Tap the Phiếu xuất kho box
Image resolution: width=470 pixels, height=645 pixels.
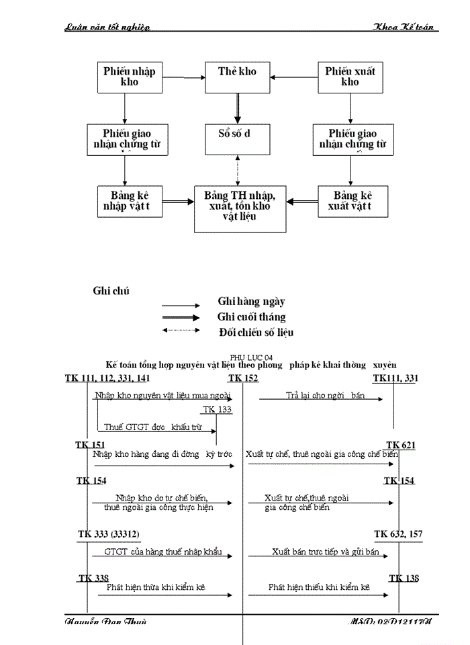[x=350, y=77]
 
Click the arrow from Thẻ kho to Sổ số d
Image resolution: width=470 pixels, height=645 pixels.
[x=237, y=108]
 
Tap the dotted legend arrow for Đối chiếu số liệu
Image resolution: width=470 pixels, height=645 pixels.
[x=181, y=330]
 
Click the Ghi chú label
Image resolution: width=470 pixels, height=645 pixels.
[x=111, y=291]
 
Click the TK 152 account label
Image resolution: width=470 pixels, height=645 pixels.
[x=243, y=379]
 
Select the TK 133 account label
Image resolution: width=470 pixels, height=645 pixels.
[x=217, y=409]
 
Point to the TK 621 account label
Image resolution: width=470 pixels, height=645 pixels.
[x=402, y=445]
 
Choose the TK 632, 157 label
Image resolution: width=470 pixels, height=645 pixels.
[x=397, y=534]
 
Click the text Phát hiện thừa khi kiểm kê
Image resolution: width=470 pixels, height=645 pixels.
[x=156, y=587]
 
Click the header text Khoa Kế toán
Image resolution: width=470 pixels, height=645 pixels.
[x=406, y=26]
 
